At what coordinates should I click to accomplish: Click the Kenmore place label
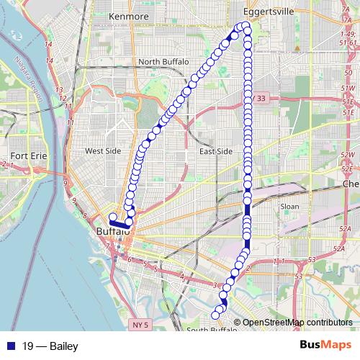pos(128,15)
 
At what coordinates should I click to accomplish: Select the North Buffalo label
pos(163,62)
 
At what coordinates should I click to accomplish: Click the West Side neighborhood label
pos(103,151)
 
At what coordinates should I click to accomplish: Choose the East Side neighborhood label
pos(215,151)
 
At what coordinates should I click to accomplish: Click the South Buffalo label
pos(211,330)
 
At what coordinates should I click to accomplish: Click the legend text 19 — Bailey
pos(50,346)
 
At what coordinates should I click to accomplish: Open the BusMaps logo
pos(326,345)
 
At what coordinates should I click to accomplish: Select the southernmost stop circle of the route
pos(214,315)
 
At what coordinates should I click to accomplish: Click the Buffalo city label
pos(113,232)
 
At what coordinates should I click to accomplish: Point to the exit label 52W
pos(348,155)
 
